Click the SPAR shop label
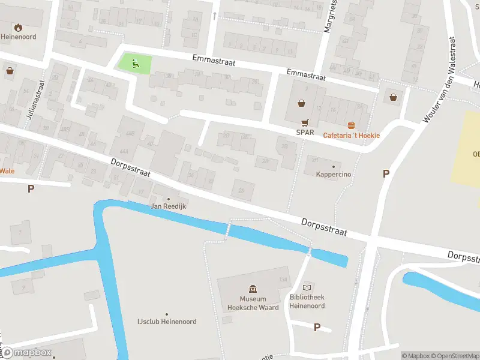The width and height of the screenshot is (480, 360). (x=305, y=132)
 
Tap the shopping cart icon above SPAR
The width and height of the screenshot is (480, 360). (x=305, y=121)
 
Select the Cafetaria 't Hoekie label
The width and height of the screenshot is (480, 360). (x=352, y=136)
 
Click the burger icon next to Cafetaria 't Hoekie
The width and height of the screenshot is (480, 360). (x=352, y=125)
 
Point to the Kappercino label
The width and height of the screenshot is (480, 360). (x=333, y=175)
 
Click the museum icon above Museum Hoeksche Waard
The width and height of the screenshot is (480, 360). (x=253, y=289)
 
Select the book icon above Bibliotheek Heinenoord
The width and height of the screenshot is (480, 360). (x=308, y=287)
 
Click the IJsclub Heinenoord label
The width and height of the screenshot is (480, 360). (x=166, y=322)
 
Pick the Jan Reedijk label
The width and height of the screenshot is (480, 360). (x=167, y=206)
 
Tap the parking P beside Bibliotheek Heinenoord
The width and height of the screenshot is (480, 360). (x=317, y=327)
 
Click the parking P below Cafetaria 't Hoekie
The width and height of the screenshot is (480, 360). (x=386, y=173)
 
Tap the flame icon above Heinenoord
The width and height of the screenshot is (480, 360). (x=18, y=26)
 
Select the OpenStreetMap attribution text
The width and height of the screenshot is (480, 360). (x=456, y=356)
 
